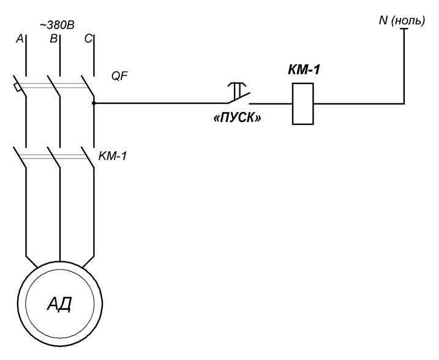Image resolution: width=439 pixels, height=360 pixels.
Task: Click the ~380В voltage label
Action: point(57,25)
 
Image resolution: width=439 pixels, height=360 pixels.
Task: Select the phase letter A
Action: point(20,39)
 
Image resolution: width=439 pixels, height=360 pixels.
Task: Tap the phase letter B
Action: point(53,39)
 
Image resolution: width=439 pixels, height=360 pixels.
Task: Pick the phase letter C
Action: point(88,39)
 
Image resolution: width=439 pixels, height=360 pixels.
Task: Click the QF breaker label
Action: point(119,76)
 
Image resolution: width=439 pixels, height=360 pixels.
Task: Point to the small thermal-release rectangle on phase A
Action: point(17,88)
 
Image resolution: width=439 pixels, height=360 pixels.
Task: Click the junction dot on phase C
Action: point(94,103)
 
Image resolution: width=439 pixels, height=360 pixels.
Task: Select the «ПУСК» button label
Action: point(237,118)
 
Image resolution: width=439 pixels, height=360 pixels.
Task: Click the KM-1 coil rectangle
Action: point(302,103)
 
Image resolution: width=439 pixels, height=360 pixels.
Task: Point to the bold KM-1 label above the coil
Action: point(304,70)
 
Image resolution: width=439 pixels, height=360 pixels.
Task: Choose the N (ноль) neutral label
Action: point(402,21)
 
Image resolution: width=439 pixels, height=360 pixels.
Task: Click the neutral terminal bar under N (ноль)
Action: point(404,29)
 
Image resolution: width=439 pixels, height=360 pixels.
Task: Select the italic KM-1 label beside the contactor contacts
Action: point(113,156)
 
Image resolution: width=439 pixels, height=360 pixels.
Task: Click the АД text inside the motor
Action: point(59,304)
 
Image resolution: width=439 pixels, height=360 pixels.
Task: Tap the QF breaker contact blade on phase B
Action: point(54,86)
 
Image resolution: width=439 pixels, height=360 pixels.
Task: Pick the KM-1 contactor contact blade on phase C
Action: point(88,157)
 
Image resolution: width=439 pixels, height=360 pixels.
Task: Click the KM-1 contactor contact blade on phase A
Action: point(20,157)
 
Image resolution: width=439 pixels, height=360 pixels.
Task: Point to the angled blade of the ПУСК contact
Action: point(239,98)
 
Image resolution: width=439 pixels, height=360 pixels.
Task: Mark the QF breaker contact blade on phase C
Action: point(88,86)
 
